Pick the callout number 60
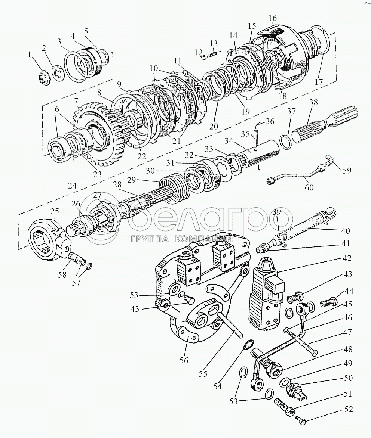tap(309, 187)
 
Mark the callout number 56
tap(184, 360)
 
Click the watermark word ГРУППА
tap(148, 239)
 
